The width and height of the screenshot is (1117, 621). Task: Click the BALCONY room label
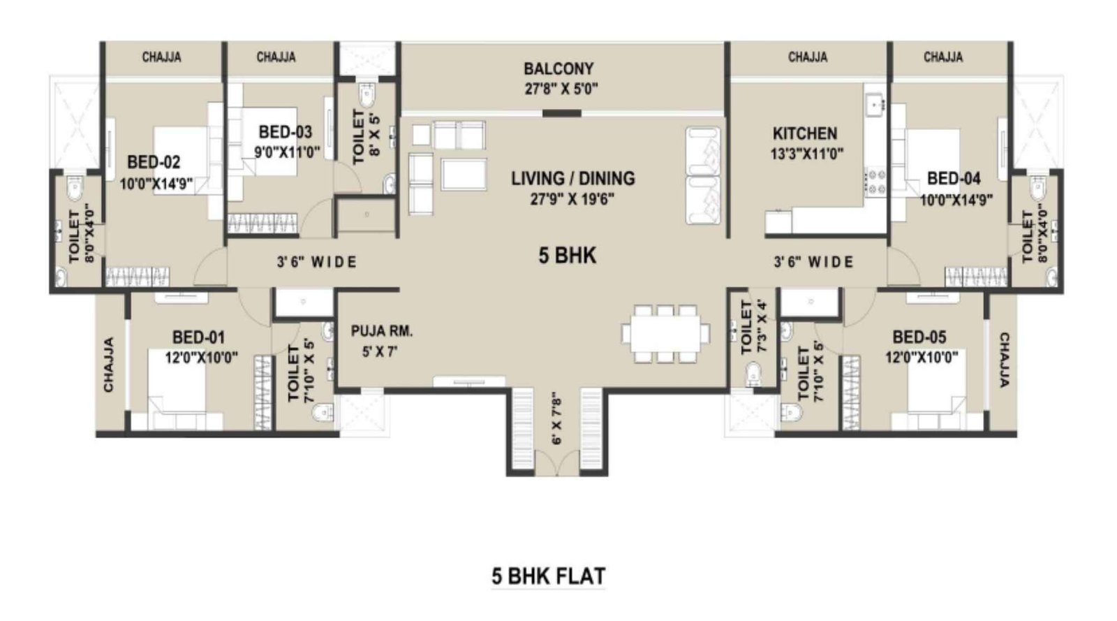558,69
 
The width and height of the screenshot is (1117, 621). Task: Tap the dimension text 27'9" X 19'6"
572,200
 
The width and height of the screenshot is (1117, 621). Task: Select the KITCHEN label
804,133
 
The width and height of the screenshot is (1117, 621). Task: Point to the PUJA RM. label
382,331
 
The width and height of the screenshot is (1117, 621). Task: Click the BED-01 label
199,338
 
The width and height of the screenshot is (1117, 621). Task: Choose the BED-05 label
919,337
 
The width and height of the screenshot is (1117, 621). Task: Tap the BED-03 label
285,132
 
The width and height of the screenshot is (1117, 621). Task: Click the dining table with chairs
665,333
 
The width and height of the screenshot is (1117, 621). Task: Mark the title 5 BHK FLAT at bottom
548,577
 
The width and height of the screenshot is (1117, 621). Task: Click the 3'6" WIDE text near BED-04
813,263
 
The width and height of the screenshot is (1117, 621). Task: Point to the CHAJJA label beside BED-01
109,365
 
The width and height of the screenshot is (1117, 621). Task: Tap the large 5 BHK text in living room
567,256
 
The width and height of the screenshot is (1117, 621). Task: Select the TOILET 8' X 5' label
366,137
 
